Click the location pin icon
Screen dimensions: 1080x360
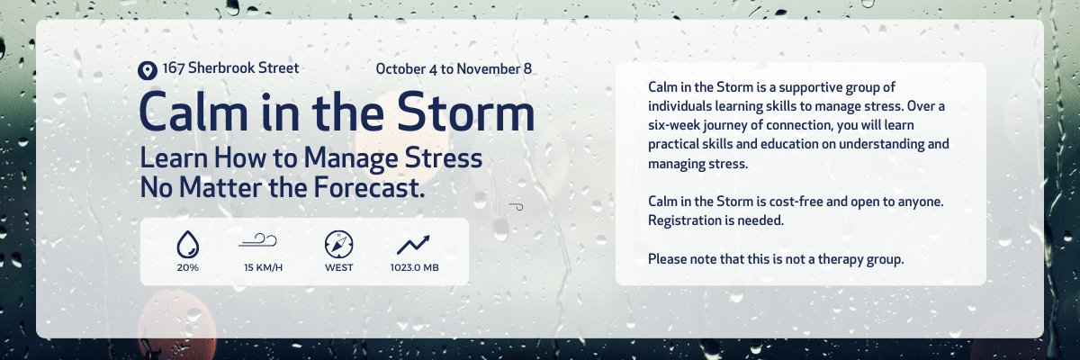tap(147, 70)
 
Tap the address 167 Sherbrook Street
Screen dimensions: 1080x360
tap(230, 68)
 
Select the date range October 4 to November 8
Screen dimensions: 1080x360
tap(454, 69)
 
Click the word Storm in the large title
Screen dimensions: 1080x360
tap(466, 112)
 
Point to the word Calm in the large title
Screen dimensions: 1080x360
tap(193, 112)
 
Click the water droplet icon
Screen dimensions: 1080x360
tap(187, 245)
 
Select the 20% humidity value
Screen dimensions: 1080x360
tap(187, 267)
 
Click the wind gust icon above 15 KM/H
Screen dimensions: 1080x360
tap(258, 240)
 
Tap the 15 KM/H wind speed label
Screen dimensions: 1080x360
tap(263, 267)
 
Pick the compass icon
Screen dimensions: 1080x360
tap(338, 244)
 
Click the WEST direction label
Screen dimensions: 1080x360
tap(339, 267)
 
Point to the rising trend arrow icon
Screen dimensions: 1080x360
tap(413, 245)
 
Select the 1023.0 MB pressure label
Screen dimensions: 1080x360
tap(415, 267)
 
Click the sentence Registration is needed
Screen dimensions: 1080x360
tap(716, 220)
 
